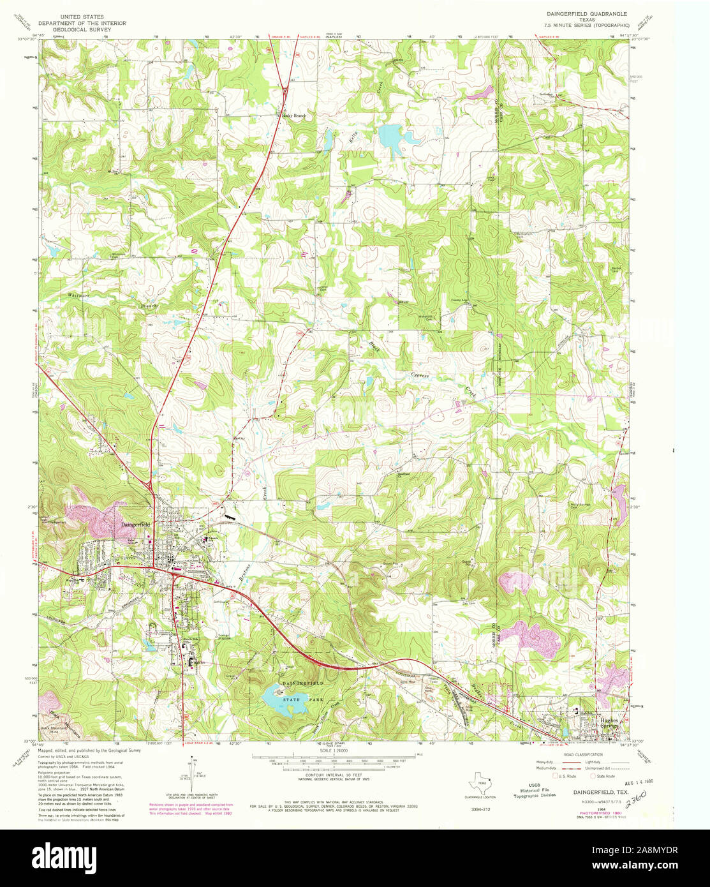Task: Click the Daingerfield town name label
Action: pos(136,524)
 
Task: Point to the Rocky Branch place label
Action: pos(295,116)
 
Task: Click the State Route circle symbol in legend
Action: pos(593,776)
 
